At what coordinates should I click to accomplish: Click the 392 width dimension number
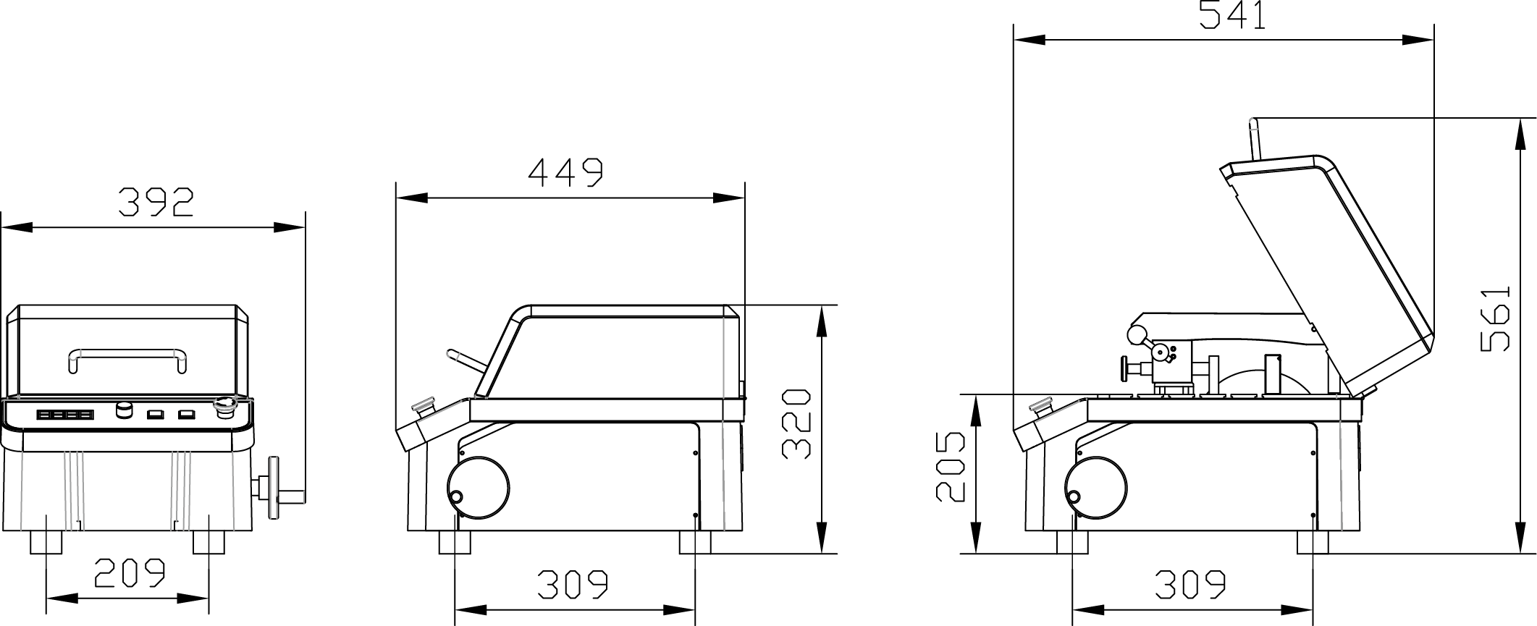tap(156, 203)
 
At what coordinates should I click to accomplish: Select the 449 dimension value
tap(565, 173)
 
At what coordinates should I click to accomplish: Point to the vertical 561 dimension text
tap(1495, 319)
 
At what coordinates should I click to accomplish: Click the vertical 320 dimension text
tap(796, 424)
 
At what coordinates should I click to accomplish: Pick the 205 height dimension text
tap(951, 468)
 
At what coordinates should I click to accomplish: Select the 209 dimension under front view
tap(130, 573)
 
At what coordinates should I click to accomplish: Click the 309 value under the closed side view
tap(572, 585)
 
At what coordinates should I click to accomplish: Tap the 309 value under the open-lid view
tap(1189, 585)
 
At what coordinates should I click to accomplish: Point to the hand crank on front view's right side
tap(276, 488)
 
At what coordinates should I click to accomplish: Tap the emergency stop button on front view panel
tap(224, 407)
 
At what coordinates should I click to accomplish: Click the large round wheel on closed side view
tap(478, 488)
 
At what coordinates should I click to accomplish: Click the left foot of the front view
tap(46, 542)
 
